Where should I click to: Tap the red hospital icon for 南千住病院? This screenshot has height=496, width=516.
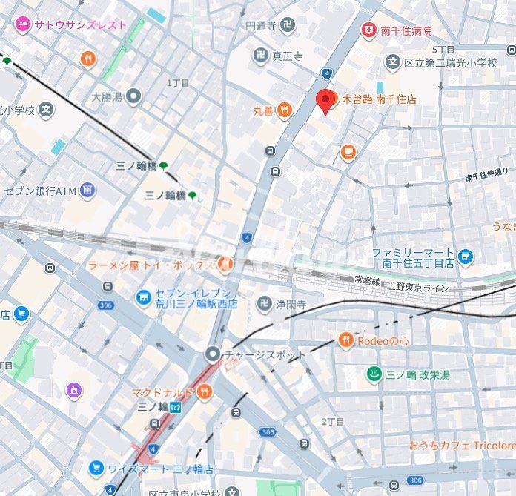[368, 30]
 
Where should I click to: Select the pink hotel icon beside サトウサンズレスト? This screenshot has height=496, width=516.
[22, 24]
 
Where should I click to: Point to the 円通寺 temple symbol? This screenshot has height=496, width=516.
[287, 26]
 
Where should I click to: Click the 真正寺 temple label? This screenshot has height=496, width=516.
[287, 56]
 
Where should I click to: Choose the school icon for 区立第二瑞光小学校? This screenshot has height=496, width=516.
[392, 62]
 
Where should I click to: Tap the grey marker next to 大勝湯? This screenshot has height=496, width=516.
[133, 96]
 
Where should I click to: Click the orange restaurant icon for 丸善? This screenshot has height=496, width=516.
[285, 111]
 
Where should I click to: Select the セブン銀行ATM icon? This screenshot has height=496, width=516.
[87, 191]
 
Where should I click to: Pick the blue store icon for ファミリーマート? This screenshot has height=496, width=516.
[465, 257]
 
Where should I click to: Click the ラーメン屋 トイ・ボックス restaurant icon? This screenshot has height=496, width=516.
[225, 265]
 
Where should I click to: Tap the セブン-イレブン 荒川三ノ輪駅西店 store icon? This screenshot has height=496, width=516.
[143, 297]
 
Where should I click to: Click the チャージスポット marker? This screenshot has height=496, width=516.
[214, 354]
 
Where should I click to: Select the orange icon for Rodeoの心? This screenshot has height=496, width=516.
[345, 340]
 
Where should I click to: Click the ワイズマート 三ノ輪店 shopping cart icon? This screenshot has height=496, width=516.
[96, 469]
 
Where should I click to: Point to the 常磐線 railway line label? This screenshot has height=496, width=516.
[368, 280]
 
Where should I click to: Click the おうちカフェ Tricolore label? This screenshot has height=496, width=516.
[461, 446]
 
